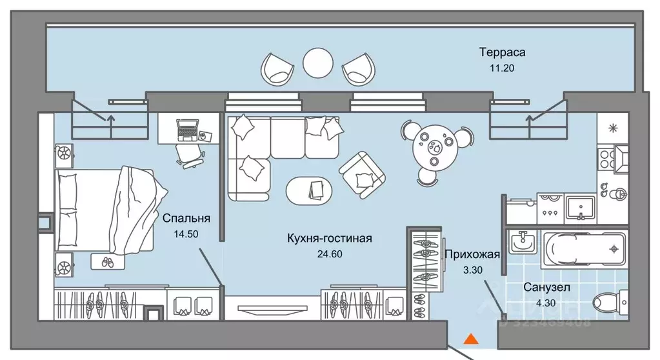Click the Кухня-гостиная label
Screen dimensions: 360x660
coord(330,239)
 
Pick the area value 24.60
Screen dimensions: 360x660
coord(329,254)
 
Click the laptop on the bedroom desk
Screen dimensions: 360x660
coord(187,128)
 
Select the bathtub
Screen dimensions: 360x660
coord(583,248)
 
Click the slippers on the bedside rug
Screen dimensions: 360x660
coord(106,262)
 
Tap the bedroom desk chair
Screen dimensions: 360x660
coord(188,155)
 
